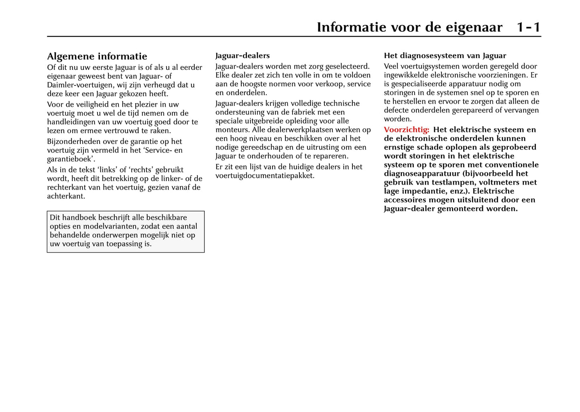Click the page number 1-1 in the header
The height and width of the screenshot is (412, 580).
click(x=528, y=27)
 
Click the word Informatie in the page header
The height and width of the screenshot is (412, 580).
click(x=351, y=27)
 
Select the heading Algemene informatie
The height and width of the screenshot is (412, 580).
click(x=97, y=56)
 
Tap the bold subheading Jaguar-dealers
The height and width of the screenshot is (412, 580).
click(x=242, y=55)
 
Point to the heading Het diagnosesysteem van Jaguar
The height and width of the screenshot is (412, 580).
click(x=445, y=55)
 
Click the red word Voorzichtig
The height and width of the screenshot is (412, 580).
click(x=406, y=130)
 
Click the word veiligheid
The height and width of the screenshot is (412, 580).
click(x=89, y=104)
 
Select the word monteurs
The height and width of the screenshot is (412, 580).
click(x=232, y=130)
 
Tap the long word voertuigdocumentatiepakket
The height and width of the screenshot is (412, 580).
click(x=265, y=175)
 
